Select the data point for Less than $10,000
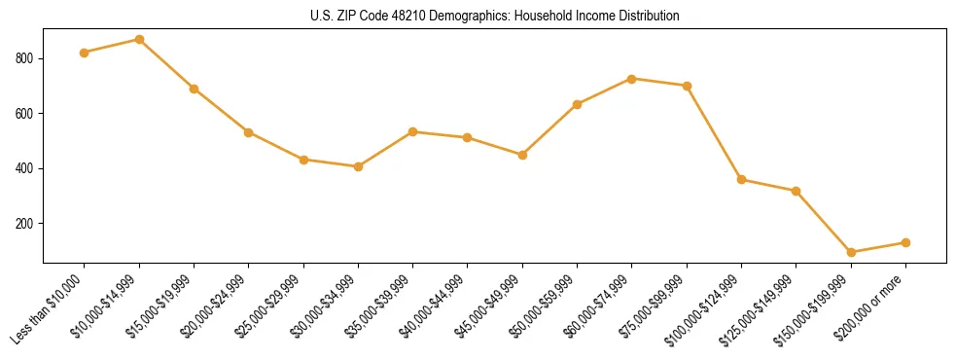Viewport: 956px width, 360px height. click(x=85, y=53)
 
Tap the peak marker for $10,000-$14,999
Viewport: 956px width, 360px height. click(x=139, y=40)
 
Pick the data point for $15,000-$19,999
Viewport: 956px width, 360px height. click(x=195, y=89)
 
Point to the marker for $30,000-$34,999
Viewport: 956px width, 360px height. click(x=359, y=166)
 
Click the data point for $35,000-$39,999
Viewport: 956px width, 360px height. click(x=413, y=131)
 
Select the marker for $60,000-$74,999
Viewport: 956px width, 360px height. click(x=632, y=79)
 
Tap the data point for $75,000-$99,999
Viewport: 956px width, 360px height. click(x=687, y=86)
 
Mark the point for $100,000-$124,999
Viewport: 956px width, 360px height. click(x=742, y=179)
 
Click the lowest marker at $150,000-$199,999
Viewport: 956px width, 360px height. click(x=851, y=252)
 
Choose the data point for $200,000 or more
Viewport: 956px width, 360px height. click(x=905, y=242)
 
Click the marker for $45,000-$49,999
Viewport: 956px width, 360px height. click(x=522, y=155)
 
